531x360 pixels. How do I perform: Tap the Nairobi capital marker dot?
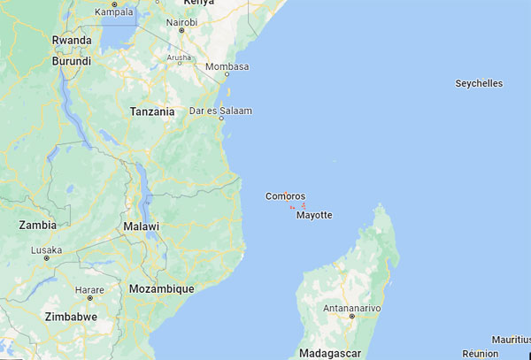click(181, 30)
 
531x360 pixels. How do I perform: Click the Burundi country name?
click(71, 62)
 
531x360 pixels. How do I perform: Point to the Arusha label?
click(180, 58)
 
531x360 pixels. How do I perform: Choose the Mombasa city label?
click(227, 67)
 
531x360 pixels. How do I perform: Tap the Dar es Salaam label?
click(221, 111)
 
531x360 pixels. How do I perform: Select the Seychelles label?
click(478, 84)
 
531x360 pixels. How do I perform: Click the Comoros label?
click(286, 196)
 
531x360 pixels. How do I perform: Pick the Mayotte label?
click(314, 215)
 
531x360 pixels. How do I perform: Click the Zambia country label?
click(37, 226)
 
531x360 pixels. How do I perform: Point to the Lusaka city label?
click(47, 250)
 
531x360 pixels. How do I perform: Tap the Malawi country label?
click(142, 227)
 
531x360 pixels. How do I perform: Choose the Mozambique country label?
click(161, 289)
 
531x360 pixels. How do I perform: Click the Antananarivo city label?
click(352, 307)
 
